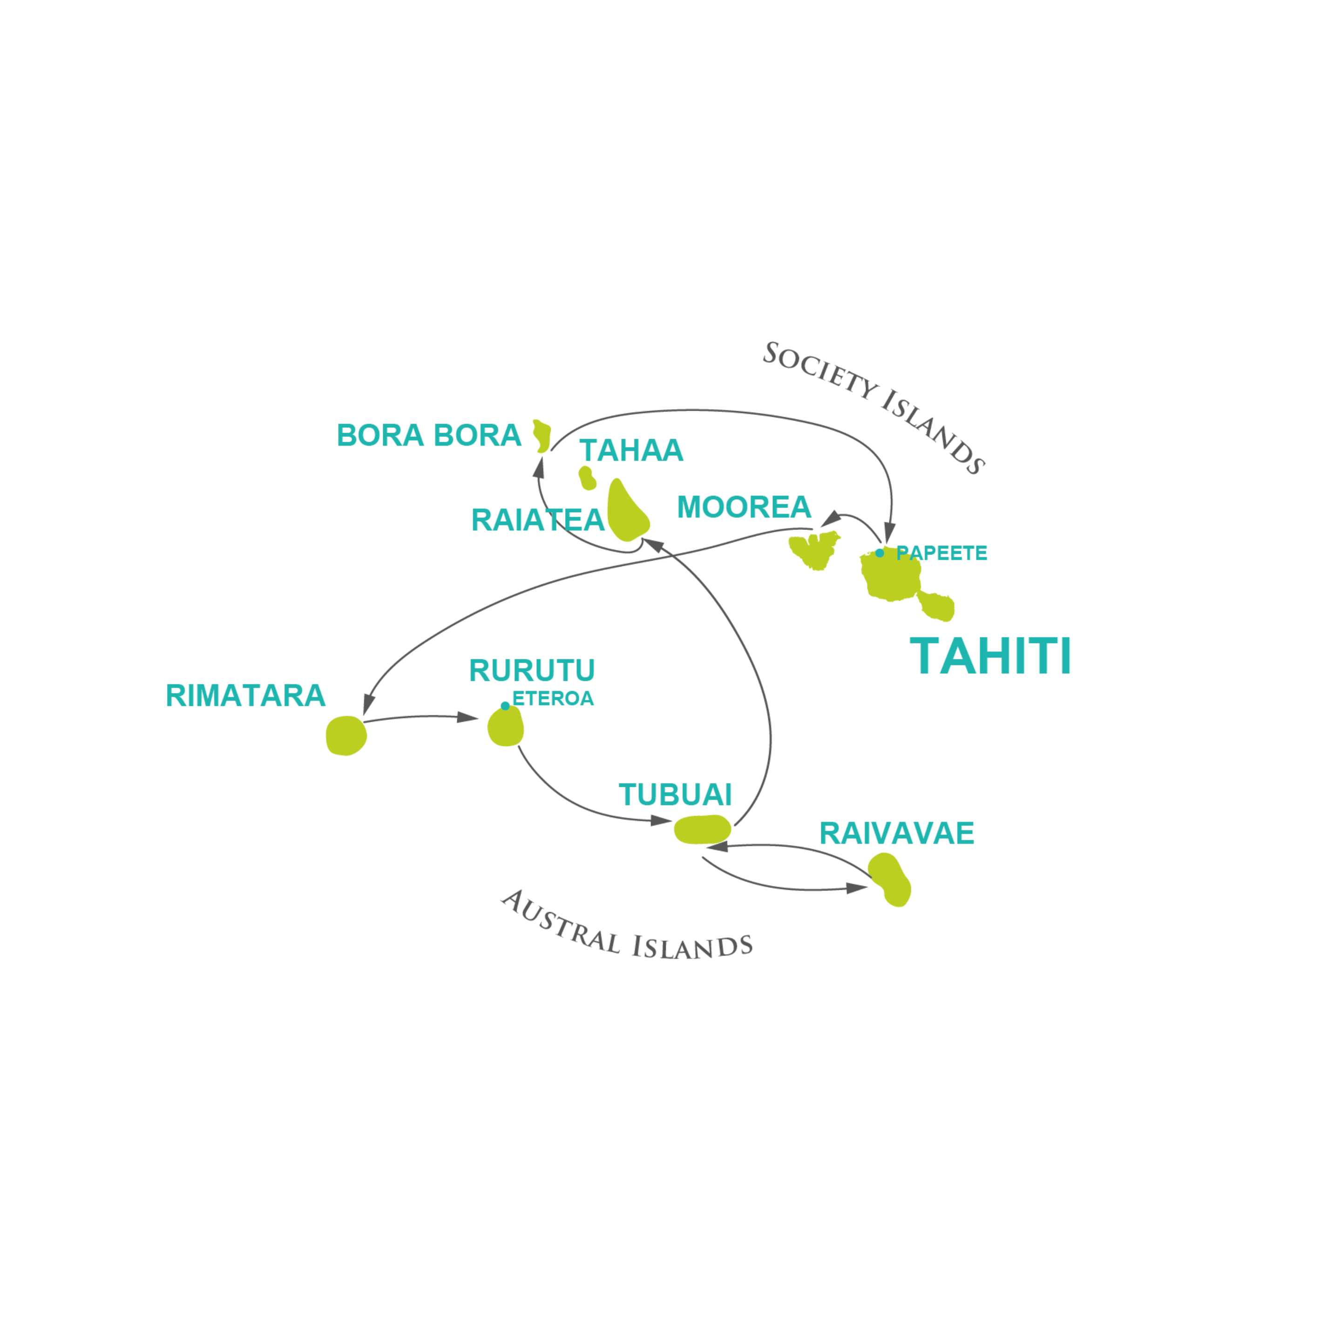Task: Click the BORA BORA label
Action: coord(428,436)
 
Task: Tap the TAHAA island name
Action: coord(631,450)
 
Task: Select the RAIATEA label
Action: coord(537,521)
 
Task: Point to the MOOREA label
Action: coord(744,508)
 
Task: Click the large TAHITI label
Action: coord(990,656)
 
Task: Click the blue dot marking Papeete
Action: coord(880,553)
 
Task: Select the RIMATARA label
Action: coord(245,696)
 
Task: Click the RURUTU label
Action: coord(532,670)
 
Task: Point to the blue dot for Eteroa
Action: coord(505,706)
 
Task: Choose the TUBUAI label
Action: coord(675,795)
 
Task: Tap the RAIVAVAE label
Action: coord(896,833)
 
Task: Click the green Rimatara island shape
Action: coord(345,736)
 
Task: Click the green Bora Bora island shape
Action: coord(542,436)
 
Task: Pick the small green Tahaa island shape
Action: coord(587,478)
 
